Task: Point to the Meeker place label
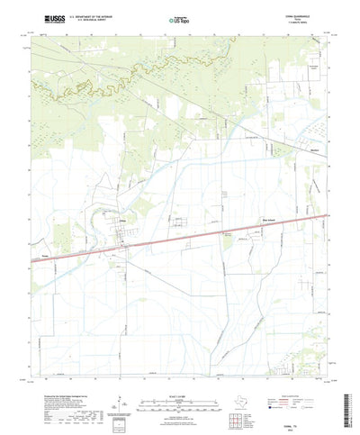pyautogui.click(x=314, y=149)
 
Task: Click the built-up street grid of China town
pyautogui.click(x=124, y=236)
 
